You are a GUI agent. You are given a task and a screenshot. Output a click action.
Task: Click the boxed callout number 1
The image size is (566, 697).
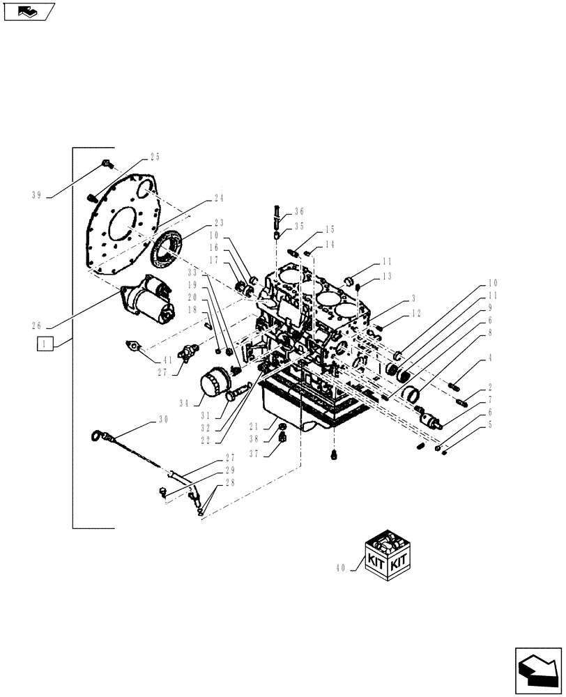click(x=45, y=344)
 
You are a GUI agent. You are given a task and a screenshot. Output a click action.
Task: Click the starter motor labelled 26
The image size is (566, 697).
click(x=150, y=301)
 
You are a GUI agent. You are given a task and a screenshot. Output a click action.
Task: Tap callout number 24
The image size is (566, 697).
click(x=218, y=198)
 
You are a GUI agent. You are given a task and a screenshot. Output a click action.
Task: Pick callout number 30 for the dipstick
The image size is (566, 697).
click(x=162, y=420)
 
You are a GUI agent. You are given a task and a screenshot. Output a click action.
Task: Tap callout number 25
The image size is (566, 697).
click(x=154, y=157)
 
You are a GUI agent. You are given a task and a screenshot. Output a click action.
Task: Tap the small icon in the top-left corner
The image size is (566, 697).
click(x=29, y=11)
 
